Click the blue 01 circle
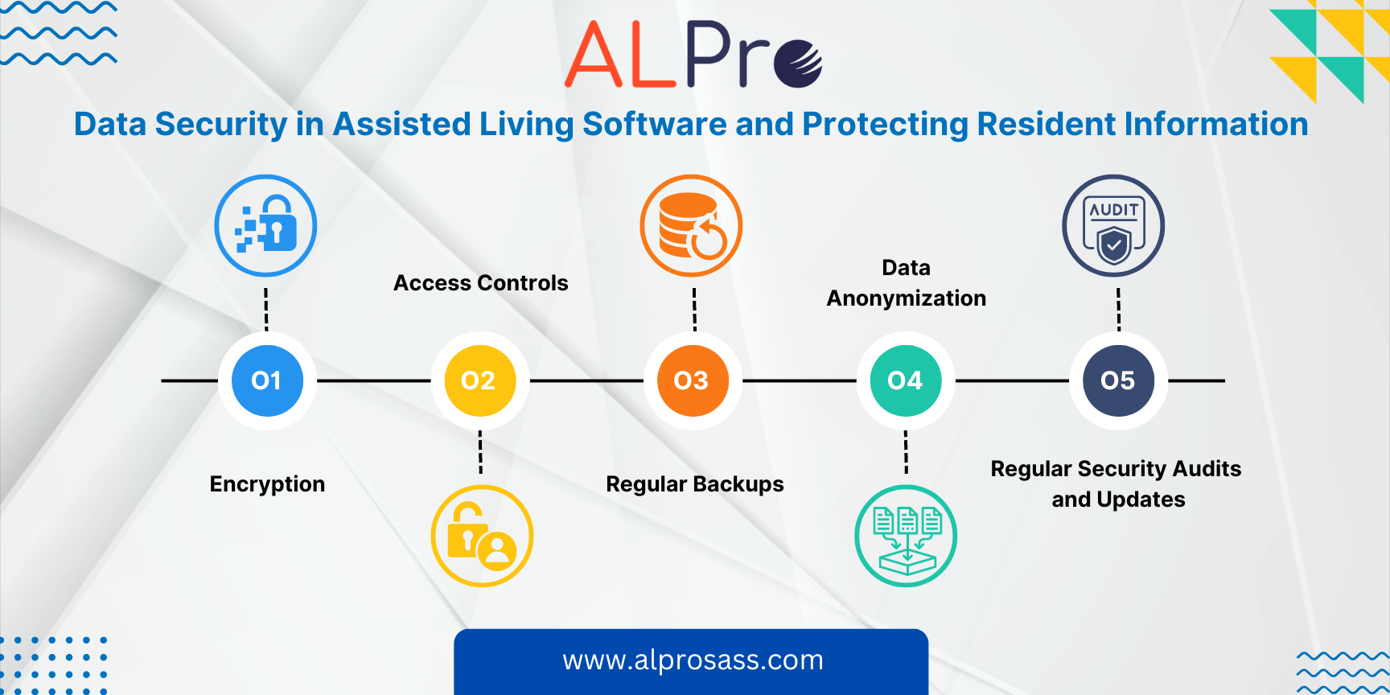pyautogui.click(x=267, y=380)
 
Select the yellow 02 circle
pyautogui.click(x=480, y=380)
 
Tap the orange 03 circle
pyautogui.click(x=693, y=380)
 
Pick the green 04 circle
pyautogui.click(x=906, y=380)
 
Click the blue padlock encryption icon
pyautogui.click(x=265, y=226)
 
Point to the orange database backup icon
pyautogui.click(x=691, y=226)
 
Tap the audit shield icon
pyautogui.click(x=1113, y=226)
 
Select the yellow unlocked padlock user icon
pyautogui.click(x=482, y=536)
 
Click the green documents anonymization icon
pyautogui.click(x=906, y=536)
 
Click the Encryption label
pyautogui.click(x=267, y=484)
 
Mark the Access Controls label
pyautogui.click(x=481, y=283)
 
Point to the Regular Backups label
pyautogui.click(x=695, y=484)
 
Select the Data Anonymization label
pyautogui.click(x=907, y=283)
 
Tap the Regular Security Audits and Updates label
pyautogui.click(x=1117, y=484)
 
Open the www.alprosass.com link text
pyautogui.click(x=693, y=660)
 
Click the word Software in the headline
pyautogui.click(x=654, y=125)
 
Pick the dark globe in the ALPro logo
pyautogui.click(x=798, y=64)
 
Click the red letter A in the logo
pyautogui.click(x=594, y=55)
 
